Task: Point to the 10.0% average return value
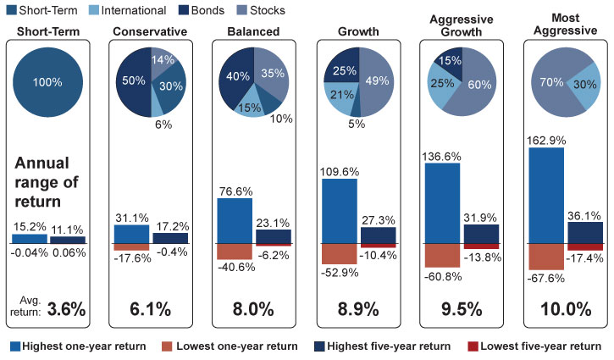click(x=559, y=309)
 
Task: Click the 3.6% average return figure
click(x=65, y=309)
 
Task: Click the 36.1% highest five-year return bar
click(x=584, y=233)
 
